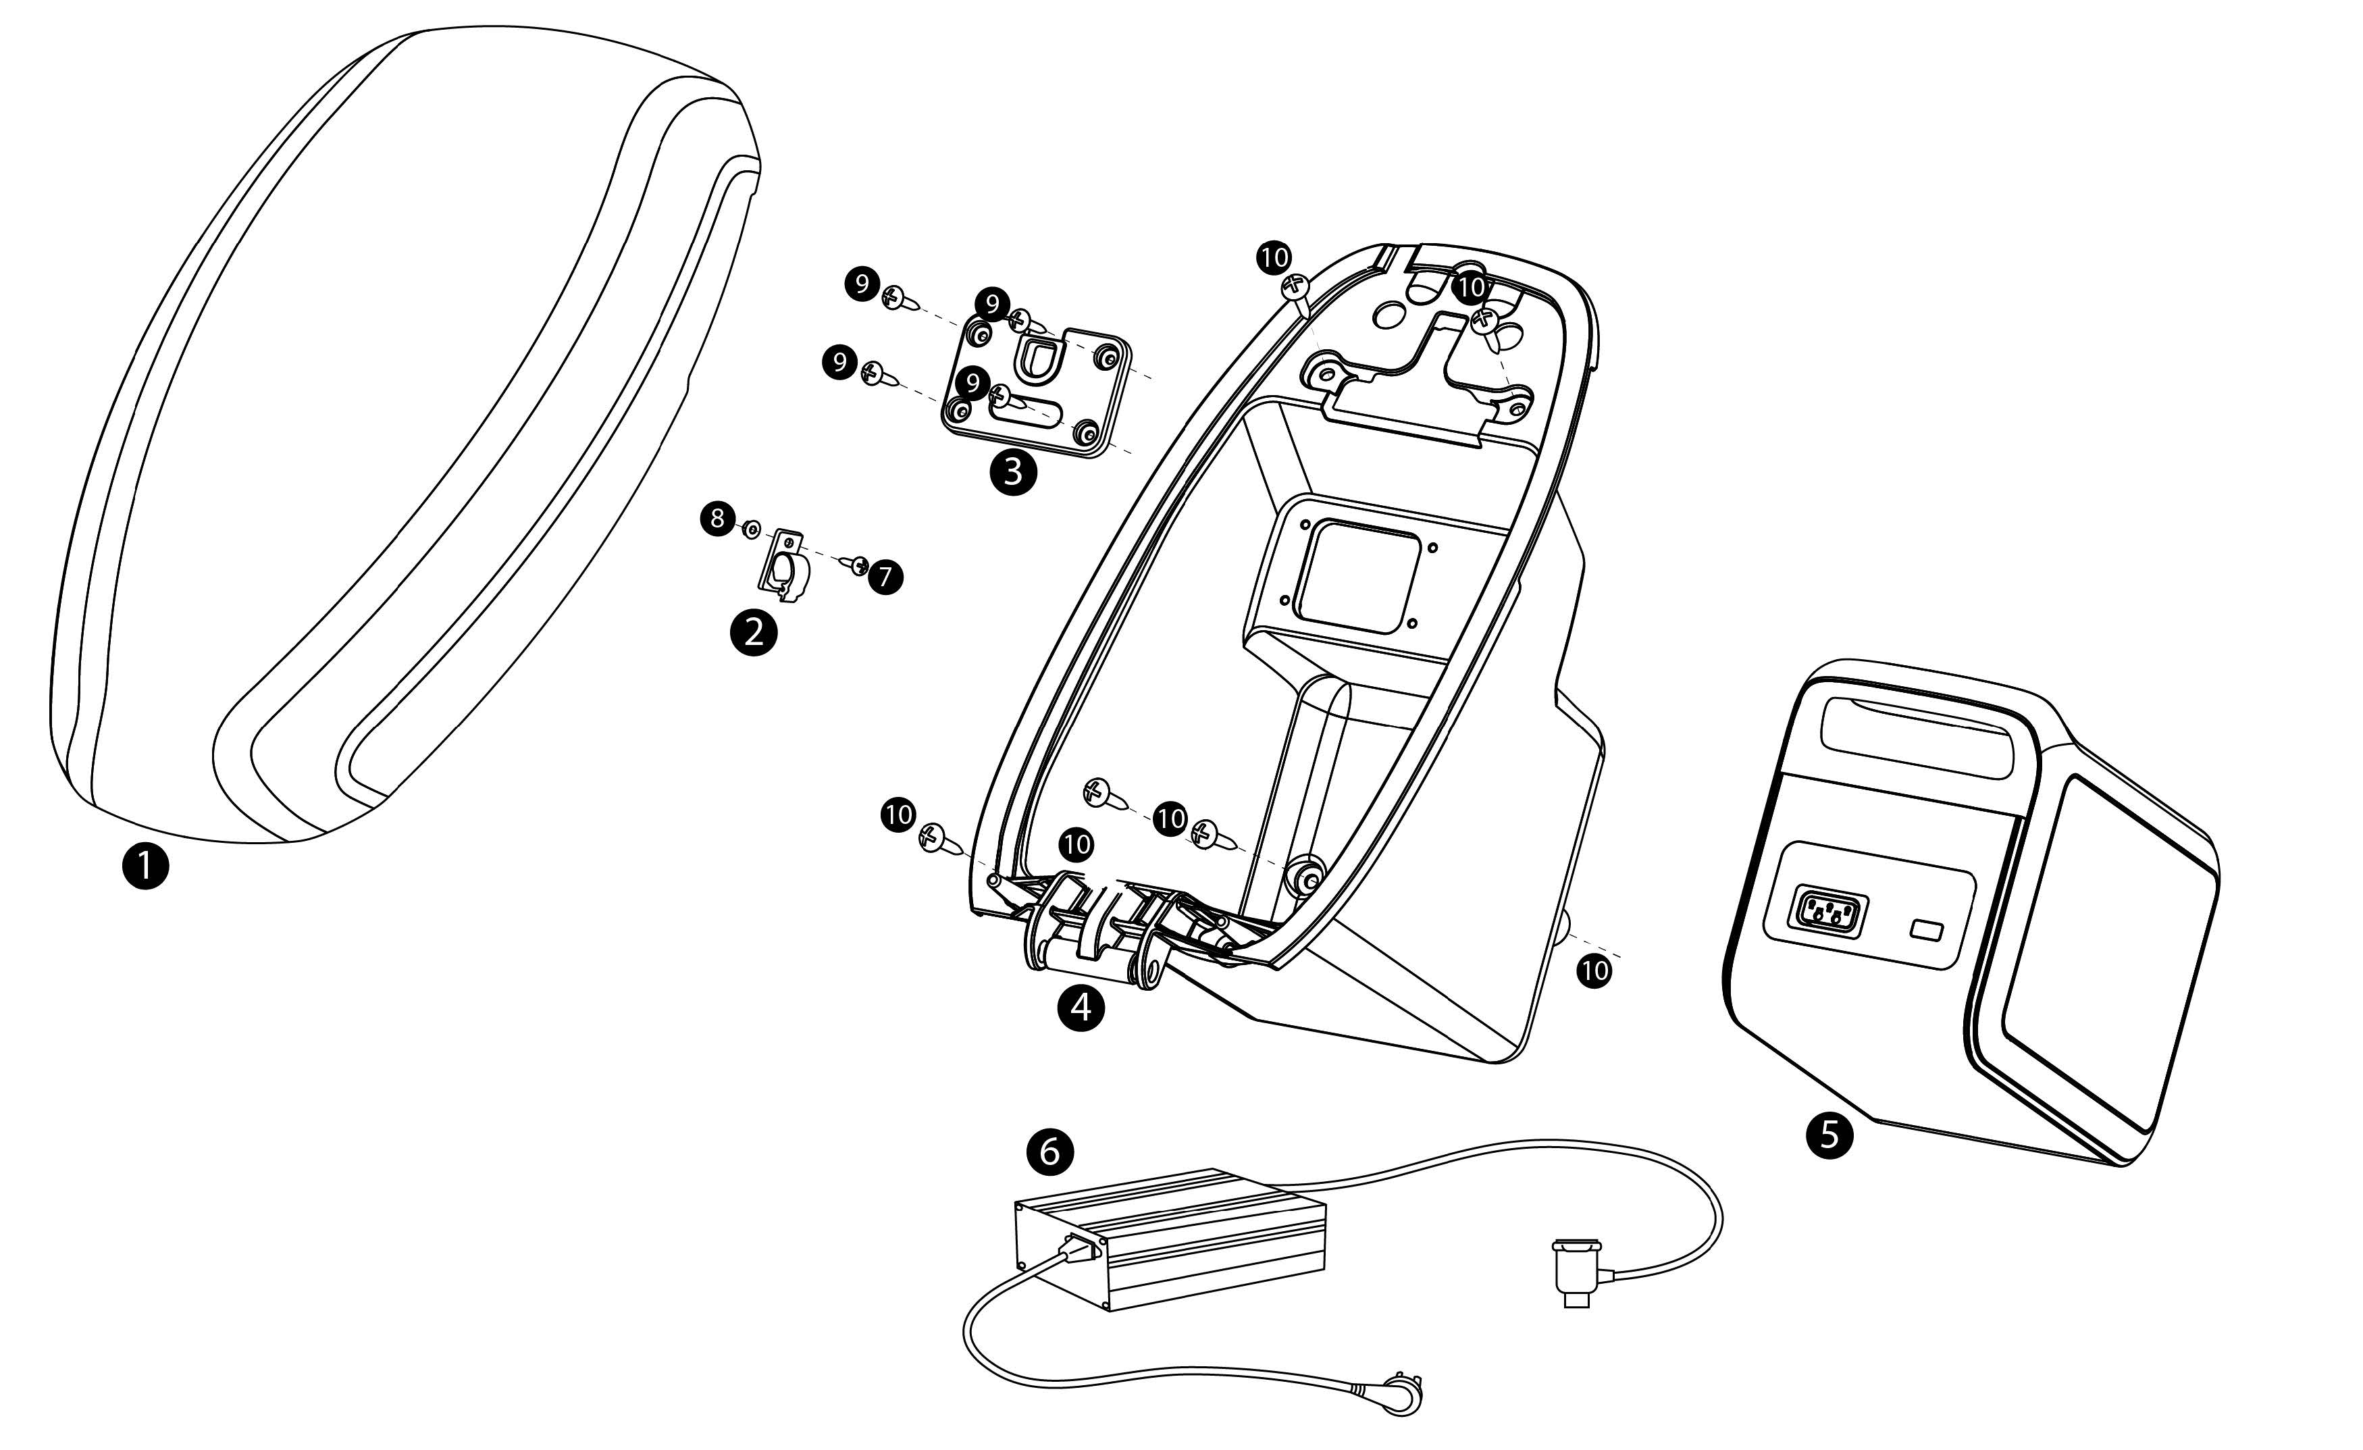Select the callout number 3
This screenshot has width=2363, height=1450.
click(1014, 472)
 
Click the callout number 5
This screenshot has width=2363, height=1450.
click(1829, 1135)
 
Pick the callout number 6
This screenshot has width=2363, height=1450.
click(1050, 1150)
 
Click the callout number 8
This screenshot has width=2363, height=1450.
click(717, 519)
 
